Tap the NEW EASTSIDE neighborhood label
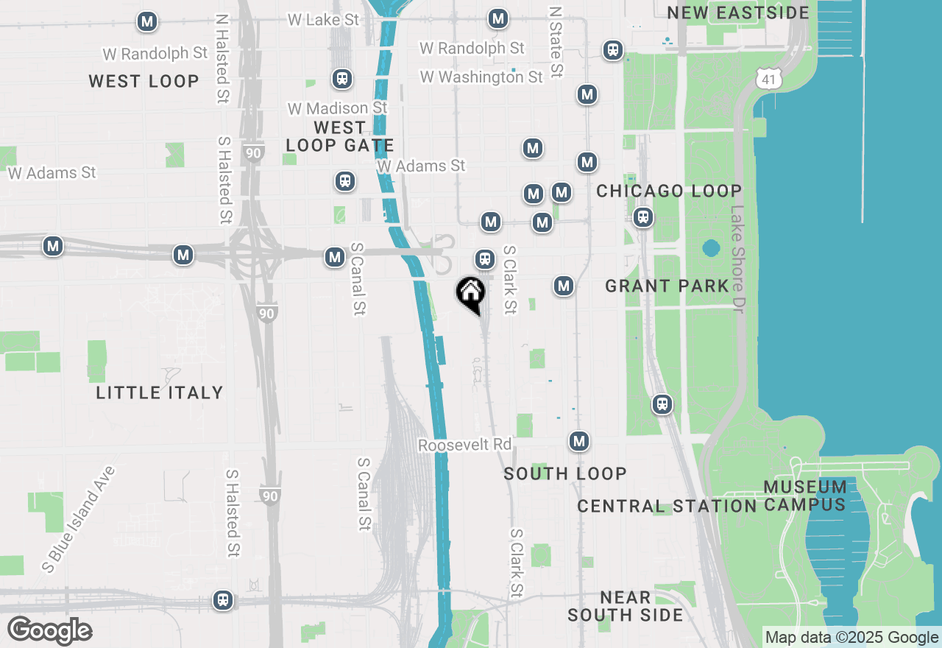[737, 13]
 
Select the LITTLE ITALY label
[160, 392]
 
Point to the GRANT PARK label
[667, 286]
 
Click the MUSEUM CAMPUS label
[804, 496]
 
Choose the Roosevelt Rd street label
[464, 445]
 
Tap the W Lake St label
[323, 20]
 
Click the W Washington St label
[481, 77]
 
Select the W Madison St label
[337, 108]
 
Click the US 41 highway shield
[769, 78]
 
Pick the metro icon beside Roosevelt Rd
[579, 441]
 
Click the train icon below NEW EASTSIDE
[612, 50]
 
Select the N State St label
[556, 42]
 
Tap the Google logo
[49, 631]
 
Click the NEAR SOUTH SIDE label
[625, 606]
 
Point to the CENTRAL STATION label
[666, 507]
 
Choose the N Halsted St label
[222, 59]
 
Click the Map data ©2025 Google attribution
[851, 638]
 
